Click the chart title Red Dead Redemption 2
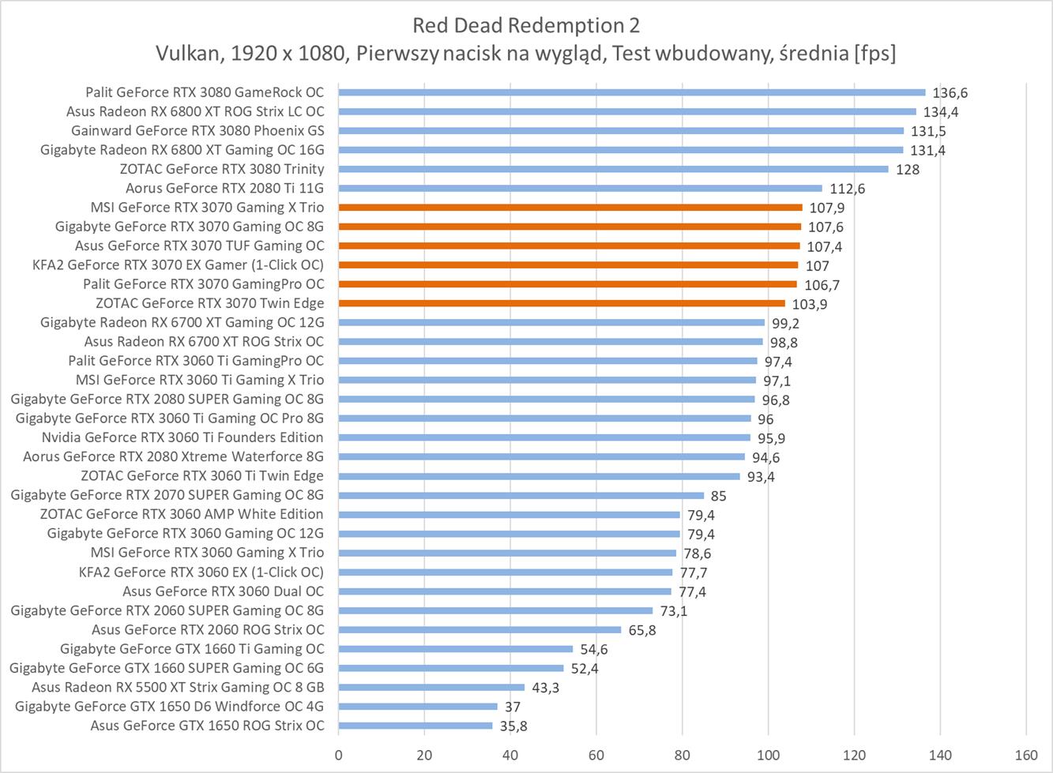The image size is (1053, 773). pos(526,25)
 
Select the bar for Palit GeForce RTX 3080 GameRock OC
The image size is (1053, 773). pos(632,92)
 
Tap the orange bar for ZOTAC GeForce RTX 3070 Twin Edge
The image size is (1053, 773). pos(562,303)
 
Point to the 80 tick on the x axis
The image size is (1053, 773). pos(683,755)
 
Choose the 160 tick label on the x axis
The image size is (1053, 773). pos(1026,755)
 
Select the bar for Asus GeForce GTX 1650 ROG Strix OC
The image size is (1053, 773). pos(416,726)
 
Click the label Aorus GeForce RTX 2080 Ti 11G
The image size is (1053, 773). pos(224,188)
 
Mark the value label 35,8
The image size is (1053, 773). pos(513,726)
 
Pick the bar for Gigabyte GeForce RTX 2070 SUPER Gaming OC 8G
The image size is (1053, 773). pos(521,496)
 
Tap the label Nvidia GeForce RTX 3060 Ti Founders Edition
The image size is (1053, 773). pos(182,437)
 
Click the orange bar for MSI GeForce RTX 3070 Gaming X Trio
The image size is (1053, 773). pos(570,208)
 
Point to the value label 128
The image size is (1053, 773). pos(908,170)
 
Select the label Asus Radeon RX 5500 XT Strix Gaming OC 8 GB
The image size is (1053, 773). pos(178,687)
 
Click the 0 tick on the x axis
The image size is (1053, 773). pos(339,755)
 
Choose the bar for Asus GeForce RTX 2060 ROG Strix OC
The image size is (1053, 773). pos(479,630)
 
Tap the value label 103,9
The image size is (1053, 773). pos(810,304)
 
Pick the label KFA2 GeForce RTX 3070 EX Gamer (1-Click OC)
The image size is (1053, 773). pos(178,265)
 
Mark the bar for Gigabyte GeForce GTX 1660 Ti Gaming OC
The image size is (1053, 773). pos(456,649)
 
